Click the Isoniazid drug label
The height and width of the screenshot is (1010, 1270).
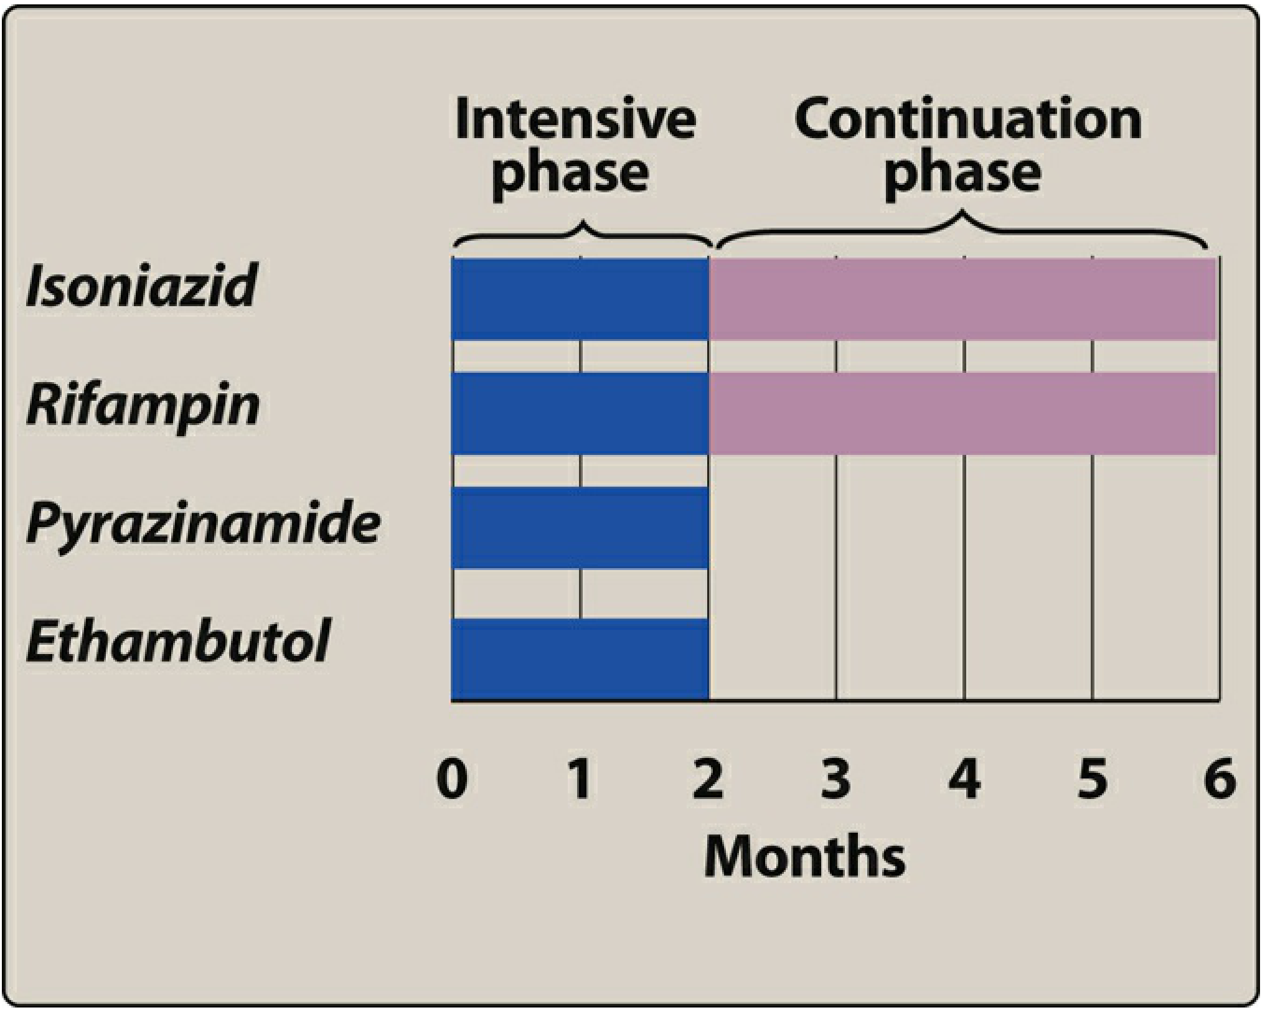coord(141,285)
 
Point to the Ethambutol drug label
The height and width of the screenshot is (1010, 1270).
coord(177,640)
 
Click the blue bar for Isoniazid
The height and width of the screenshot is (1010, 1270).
coord(580,299)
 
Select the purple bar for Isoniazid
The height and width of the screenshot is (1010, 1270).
coord(962,299)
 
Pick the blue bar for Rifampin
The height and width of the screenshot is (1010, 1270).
coord(580,414)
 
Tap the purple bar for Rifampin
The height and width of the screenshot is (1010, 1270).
coord(962,414)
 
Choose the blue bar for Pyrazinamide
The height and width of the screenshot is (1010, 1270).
coord(580,528)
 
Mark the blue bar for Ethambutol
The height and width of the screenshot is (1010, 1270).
coord(580,660)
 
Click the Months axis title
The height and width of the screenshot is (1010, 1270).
coord(805,856)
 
